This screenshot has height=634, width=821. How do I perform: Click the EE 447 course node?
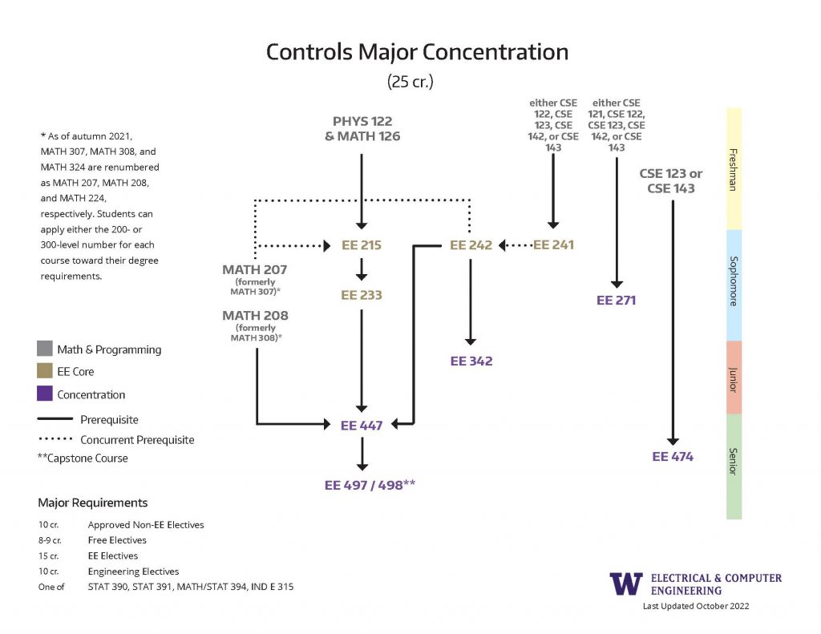click(x=362, y=426)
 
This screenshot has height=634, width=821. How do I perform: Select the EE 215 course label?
click(x=362, y=245)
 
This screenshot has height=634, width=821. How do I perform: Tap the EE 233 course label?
click(x=362, y=295)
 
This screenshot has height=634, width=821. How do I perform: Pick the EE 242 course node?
click(x=471, y=245)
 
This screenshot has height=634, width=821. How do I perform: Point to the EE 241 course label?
click(x=553, y=245)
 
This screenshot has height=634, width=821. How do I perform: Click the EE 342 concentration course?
click(x=471, y=361)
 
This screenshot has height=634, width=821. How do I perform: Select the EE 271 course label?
click(x=617, y=301)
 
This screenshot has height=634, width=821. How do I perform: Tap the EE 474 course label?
click(x=673, y=457)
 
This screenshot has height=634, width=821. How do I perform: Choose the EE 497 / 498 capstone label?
click(x=370, y=484)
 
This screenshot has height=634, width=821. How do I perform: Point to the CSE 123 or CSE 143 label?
click(x=671, y=180)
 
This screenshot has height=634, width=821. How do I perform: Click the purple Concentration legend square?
click(x=45, y=394)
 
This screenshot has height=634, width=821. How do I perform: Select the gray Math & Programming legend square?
click(x=45, y=349)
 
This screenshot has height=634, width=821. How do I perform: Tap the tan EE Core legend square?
click(x=45, y=372)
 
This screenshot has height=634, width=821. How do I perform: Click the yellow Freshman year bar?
click(x=734, y=168)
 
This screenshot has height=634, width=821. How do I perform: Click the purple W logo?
click(x=626, y=584)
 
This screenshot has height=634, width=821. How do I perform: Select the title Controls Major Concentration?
click(x=417, y=52)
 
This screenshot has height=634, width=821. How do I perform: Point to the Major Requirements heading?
click(x=92, y=503)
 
